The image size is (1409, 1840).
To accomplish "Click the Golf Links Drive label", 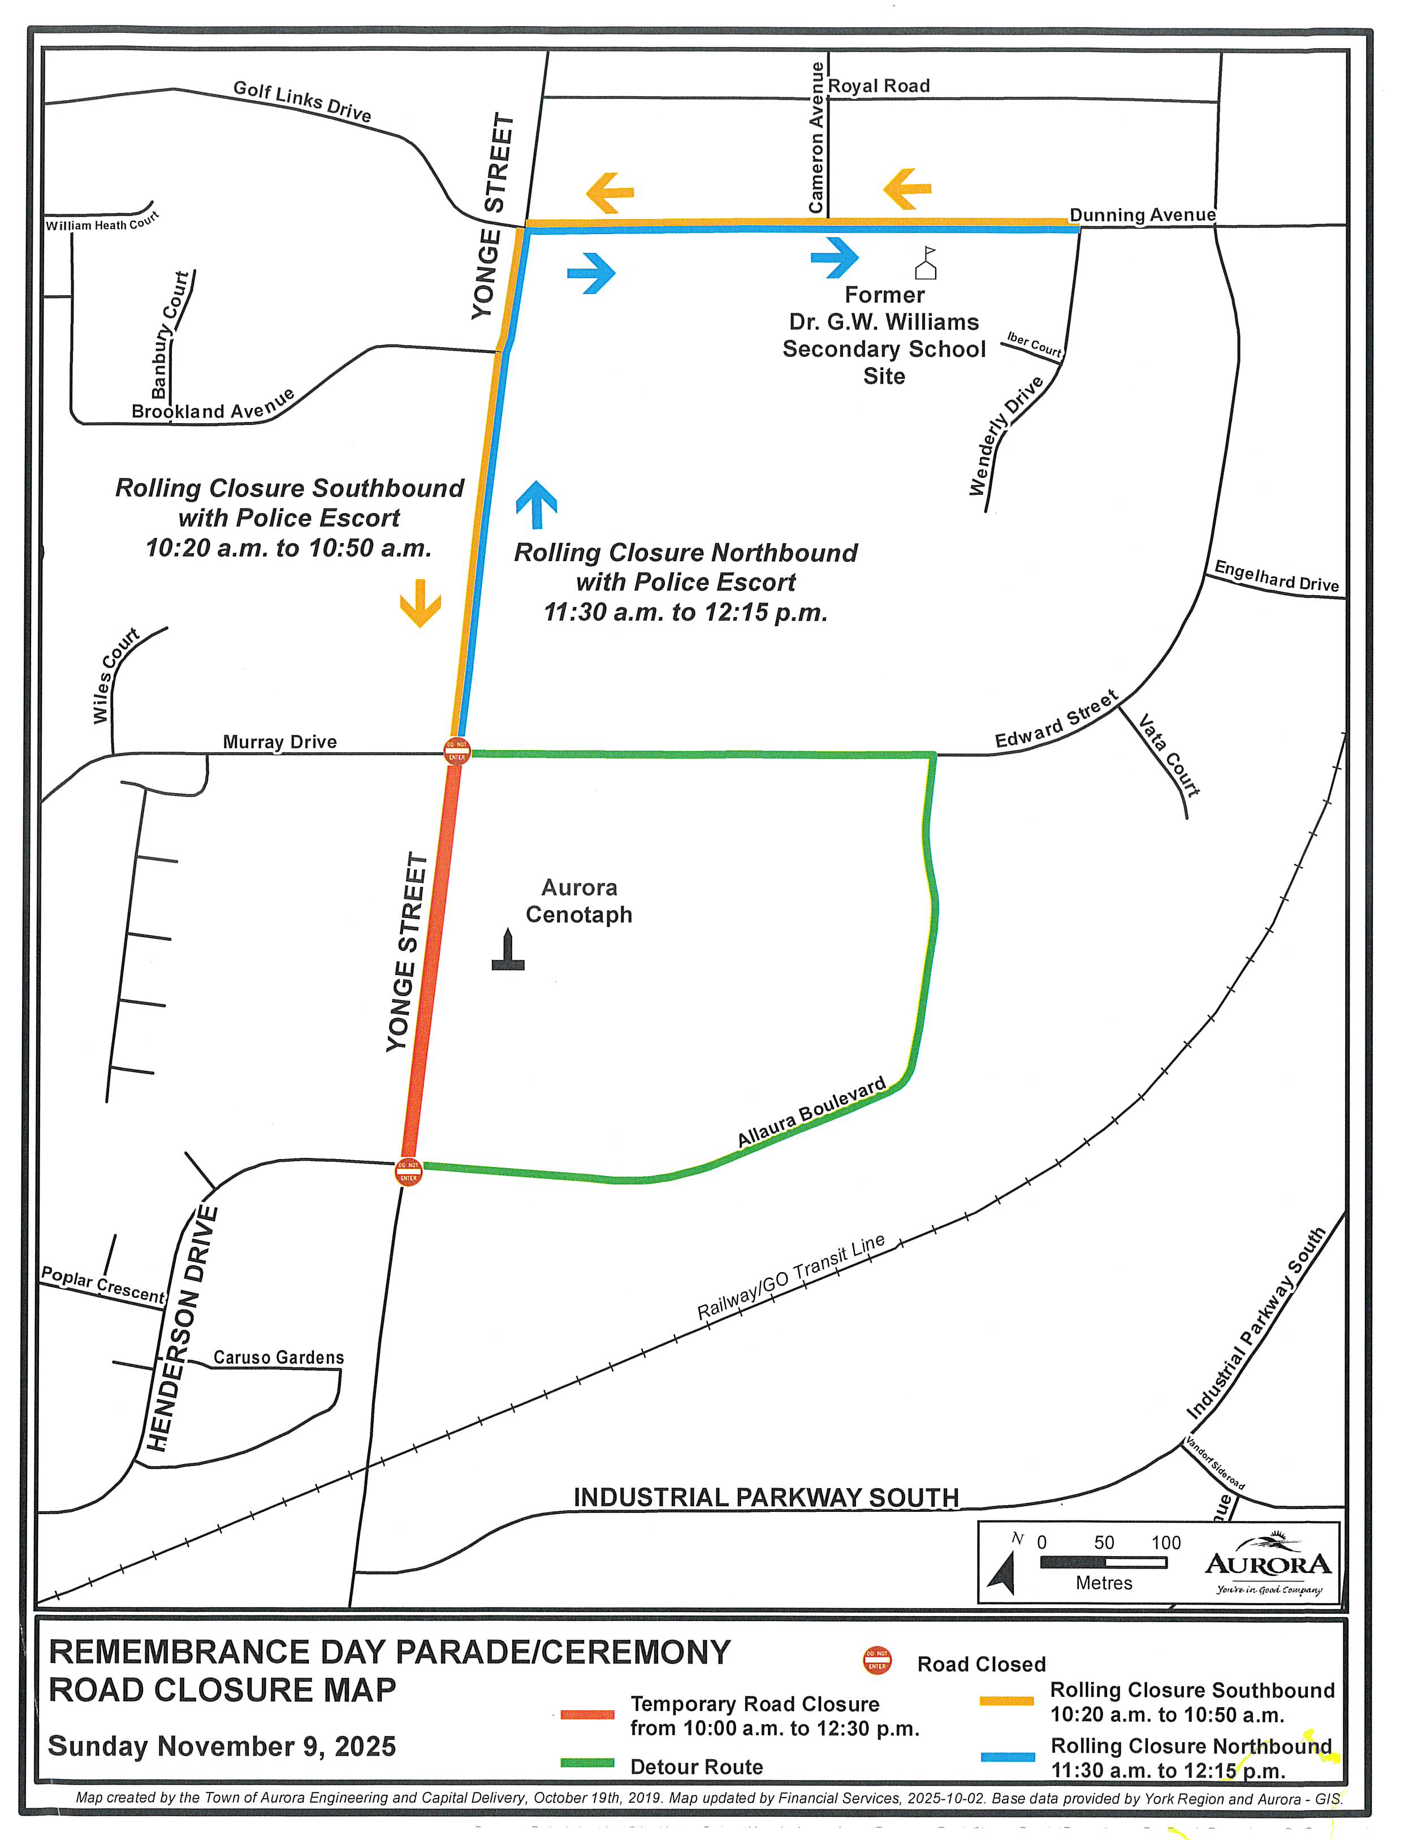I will tap(302, 101).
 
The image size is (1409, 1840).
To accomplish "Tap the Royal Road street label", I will tap(879, 85).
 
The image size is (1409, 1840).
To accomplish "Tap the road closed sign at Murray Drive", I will tap(456, 750).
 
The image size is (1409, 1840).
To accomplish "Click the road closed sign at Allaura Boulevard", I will tap(408, 1171).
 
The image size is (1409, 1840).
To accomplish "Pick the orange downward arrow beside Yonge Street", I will tap(420, 602).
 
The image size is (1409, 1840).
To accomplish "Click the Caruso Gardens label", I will tap(278, 1357).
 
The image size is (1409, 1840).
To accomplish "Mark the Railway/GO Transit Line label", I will tap(791, 1278).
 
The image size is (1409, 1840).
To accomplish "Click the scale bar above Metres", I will tap(1103, 1562).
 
